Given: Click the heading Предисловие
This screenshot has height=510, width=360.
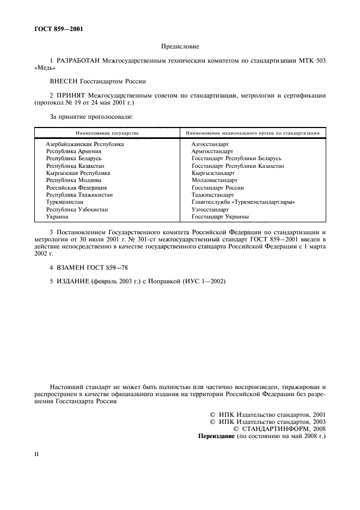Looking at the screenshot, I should [x=180, y=47].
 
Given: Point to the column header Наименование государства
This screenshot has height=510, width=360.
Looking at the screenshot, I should [x=107, y=132].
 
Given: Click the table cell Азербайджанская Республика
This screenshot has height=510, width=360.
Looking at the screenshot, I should [x=84, y=144].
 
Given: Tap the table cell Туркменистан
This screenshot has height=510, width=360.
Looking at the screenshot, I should [x=64, y=202].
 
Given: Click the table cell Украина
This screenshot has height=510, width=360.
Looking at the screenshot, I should [x=57, y=216].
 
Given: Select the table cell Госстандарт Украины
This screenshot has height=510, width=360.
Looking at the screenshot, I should [x=220, y=216].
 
